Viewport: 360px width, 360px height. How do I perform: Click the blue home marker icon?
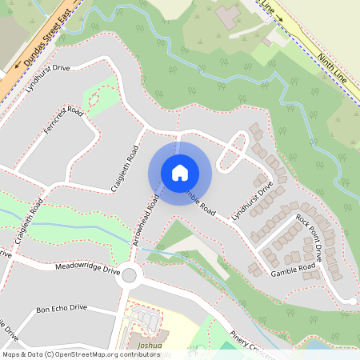pos(180,172)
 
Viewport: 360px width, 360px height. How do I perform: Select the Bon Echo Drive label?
pos(61,308)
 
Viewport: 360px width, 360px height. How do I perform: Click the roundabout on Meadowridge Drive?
pos(130,276)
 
